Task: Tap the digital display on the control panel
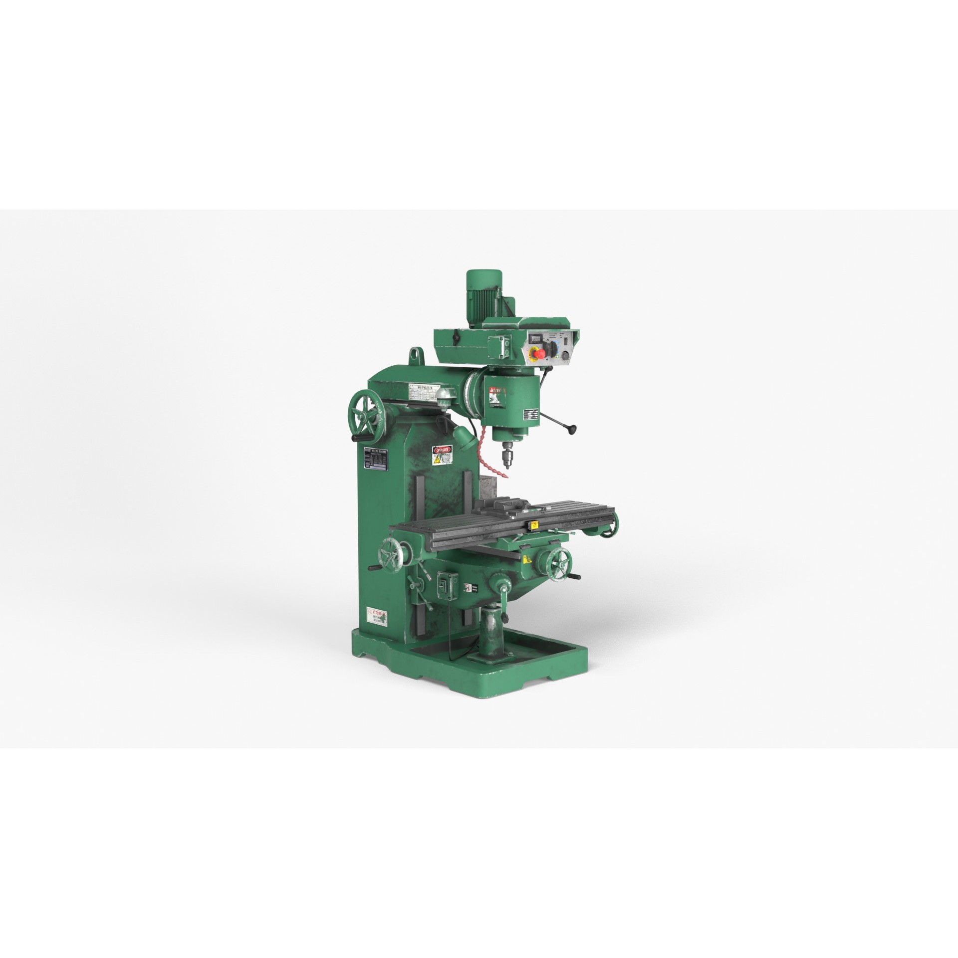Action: point(537,338)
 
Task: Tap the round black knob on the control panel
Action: point(565,356)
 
